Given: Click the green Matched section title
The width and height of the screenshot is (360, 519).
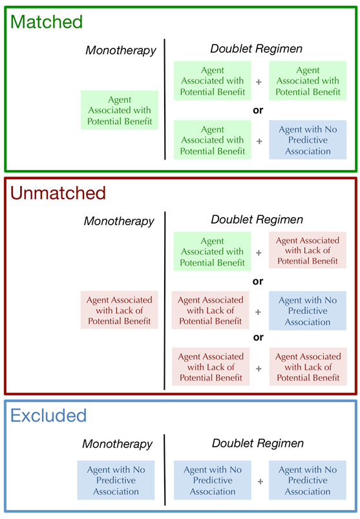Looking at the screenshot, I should tap(47, 21).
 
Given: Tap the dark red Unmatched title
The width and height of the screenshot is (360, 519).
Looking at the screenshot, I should tap(58, 193).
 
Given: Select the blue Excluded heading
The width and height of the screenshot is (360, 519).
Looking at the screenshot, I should tap(48, 415).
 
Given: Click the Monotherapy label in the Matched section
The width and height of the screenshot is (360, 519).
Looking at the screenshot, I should tap(120, 50).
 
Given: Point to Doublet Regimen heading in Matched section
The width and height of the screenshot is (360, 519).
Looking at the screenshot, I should tap(256, 48).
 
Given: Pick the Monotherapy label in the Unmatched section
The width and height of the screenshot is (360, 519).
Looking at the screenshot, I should tap(119, 221).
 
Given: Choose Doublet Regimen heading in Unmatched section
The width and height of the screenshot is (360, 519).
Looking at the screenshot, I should tap(257, 220).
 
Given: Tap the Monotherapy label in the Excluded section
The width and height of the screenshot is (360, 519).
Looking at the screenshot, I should tap(117, 444).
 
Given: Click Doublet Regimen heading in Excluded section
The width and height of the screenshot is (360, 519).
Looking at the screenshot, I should tap(257, 443).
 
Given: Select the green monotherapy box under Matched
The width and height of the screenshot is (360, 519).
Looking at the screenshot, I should tap(119, 111).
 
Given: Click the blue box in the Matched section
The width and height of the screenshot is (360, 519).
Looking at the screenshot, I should tap(308, 140).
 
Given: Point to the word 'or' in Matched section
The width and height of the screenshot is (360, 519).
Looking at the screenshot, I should tap(258, 110).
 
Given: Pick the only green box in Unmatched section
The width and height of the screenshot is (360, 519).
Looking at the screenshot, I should tap(212, 251).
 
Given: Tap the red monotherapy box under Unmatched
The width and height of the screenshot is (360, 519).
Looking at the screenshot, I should tap(120, 310).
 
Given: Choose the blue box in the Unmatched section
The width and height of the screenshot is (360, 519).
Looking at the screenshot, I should tap(308, 311).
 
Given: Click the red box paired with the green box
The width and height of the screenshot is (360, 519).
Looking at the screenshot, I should tap(308, 251).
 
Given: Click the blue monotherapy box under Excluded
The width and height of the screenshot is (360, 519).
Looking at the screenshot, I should tap(116, 480).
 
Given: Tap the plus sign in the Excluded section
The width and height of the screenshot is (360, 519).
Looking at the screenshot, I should tap(260, 481).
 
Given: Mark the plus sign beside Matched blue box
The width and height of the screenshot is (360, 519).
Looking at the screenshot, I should tap(259, 140).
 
